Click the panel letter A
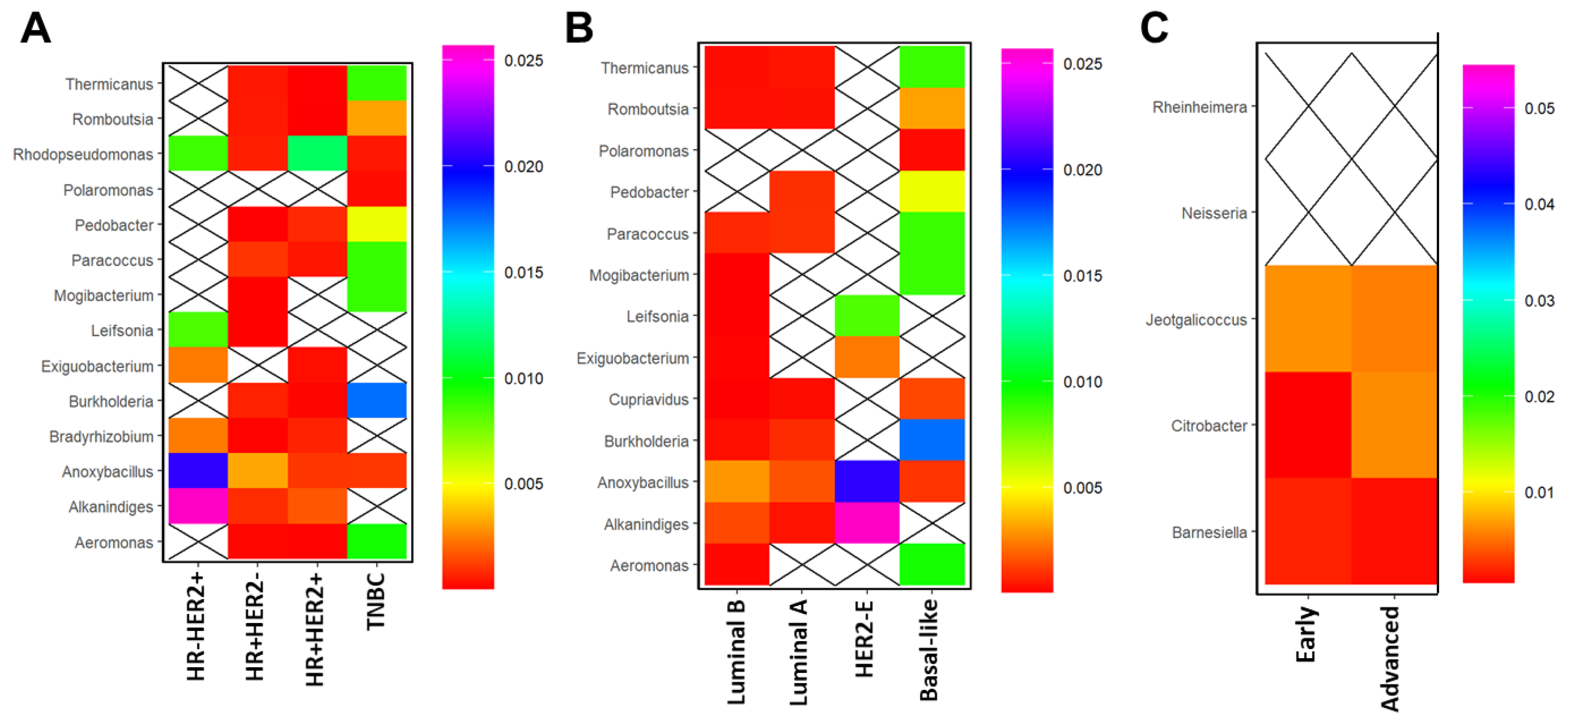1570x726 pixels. pyautogui.click(x=35, y=28)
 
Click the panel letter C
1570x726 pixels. pyautogui.click(x=1154, y=28)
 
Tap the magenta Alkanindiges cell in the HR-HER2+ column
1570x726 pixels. pyautogui.click(x=198, y=506)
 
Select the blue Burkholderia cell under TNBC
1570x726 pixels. pyautogui.click(x=376, y=400)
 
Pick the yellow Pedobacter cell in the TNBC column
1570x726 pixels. pyautogui.click(x=376, y=224)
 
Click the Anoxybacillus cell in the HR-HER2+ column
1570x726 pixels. pyautogui.click(x=198, y=471)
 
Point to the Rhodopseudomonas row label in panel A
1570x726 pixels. pyautogui.click(x=83, y=154)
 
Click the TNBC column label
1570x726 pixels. pyautogui.click(x=376, y=601)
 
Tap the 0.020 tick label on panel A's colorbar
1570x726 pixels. pyautogui.click(x=524, y=166)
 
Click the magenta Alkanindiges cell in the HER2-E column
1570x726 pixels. pyautogui.click(x=867, y=523)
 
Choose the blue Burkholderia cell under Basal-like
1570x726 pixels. pyautogui.click(x=932, y=440)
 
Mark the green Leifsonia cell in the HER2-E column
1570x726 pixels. pyautogui.click(x=867, y=316)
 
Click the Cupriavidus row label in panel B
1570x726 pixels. pyautogui.click(x=649, y=400)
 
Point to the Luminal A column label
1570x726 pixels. pyautogui.click(x=799, y=652)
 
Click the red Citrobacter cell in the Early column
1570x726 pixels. pyautogui.click(x=1308, y=425)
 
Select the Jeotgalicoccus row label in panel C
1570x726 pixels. pyautogui.click(x=1196, y=320)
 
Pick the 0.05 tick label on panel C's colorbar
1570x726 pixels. pyautogui.click(x=1539, y=109)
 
